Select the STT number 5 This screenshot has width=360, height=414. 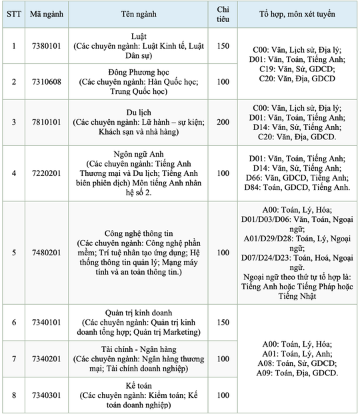14,253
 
